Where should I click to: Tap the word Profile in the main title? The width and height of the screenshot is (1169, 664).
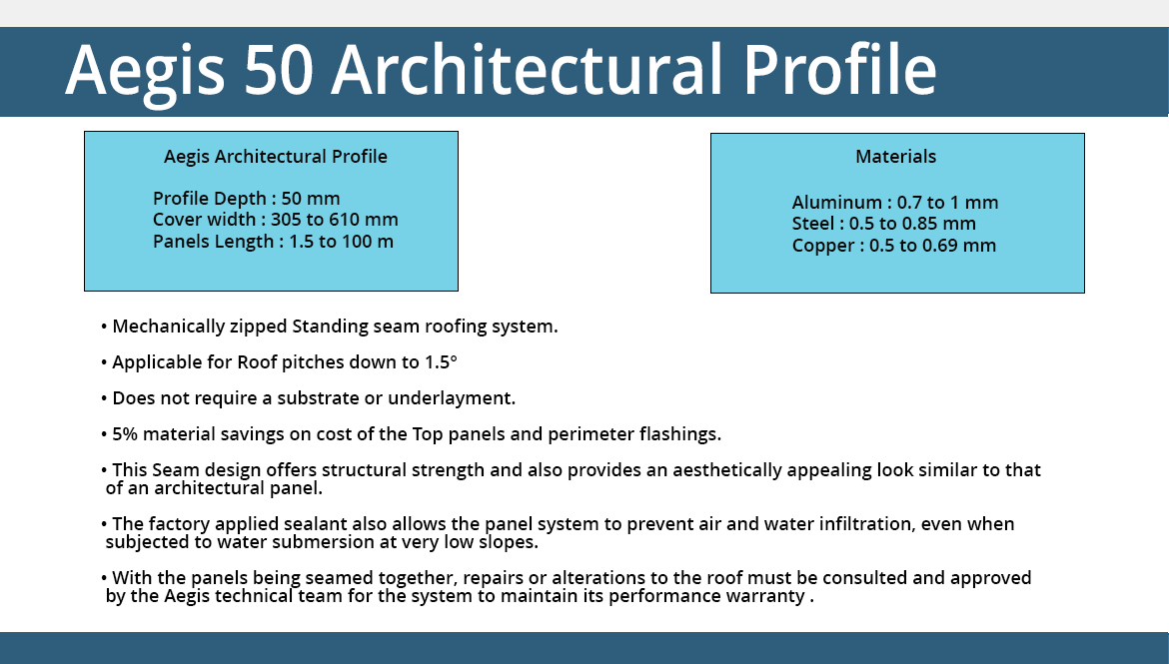pos(840,69)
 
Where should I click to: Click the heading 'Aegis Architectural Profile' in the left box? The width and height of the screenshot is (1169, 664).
pos(276,157)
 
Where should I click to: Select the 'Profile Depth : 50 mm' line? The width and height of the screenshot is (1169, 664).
pos(246,199)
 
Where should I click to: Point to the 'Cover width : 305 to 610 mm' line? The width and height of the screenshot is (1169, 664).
pos(275,220)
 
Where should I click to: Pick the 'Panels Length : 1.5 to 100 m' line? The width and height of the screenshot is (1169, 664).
pos(273,242)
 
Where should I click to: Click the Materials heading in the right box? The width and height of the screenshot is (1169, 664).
pos(895,157)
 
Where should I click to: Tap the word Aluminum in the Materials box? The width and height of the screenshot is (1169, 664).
pos(836,203)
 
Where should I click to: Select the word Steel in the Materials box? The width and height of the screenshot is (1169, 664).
pos(812,224)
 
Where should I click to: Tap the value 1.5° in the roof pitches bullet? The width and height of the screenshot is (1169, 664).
pos(441,362)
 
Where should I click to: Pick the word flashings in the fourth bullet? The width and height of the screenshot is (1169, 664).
pos(680,434)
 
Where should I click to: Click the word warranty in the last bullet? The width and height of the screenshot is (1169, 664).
pos(767,597)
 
